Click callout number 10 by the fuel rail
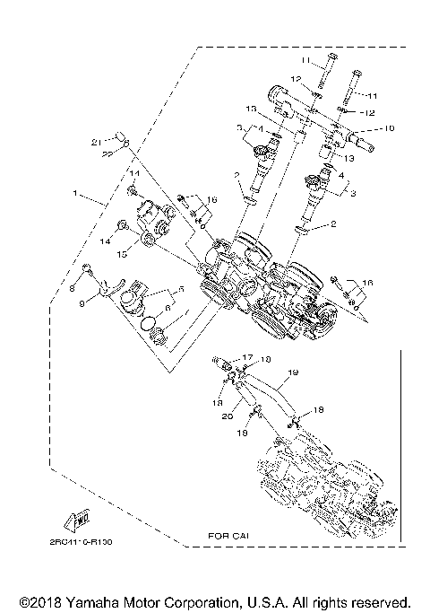[x=389, y=128]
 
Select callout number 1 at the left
[x=77, y=192]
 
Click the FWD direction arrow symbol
[x=77, y=518]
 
